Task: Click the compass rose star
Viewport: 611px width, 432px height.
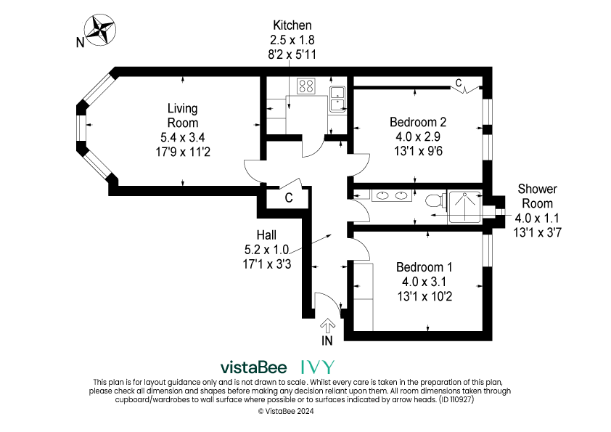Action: [101, 30]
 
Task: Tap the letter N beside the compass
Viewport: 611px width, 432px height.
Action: [80, 42]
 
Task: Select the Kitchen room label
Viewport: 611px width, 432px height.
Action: [292, 25]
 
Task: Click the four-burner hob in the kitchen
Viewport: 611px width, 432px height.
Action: [306, 86]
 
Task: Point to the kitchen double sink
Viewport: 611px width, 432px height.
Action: [337, 99]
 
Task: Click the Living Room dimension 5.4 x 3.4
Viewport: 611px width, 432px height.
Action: [183, 137]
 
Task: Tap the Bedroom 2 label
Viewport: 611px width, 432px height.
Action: [418, 122]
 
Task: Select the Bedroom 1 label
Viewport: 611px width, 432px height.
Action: [425, 267]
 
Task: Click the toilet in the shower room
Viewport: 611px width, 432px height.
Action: [433, 200]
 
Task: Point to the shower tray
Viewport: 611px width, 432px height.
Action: [465, 207]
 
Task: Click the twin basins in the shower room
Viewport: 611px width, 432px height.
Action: [392, 195]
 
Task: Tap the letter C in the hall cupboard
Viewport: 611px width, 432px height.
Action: [289, 198]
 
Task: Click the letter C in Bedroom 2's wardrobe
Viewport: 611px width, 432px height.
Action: [459, 83]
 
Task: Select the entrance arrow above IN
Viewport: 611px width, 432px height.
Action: [328, 326]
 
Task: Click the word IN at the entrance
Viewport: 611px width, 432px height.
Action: [327, 341]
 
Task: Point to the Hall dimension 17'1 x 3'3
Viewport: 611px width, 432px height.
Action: [267, 264]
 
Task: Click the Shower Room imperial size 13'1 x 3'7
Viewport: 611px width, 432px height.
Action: [538, 233]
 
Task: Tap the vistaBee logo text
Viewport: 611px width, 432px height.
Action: [253, 367]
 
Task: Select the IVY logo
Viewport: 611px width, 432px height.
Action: [318, 367]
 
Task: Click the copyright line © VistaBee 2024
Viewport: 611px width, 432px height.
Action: [286, 411]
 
